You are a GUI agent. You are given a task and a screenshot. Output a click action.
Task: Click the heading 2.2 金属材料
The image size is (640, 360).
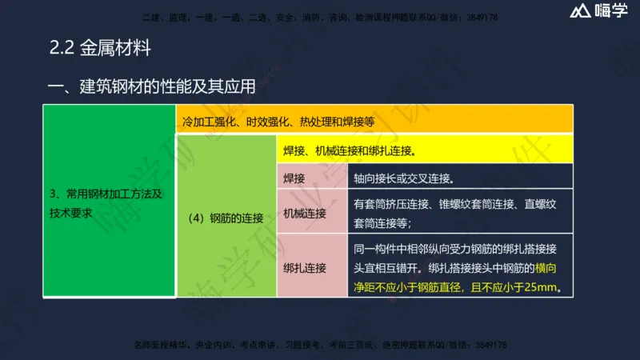100,48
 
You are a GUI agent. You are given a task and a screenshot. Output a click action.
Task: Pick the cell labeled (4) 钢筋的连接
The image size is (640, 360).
226,217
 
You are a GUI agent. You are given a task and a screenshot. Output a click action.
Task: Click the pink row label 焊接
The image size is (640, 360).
294,178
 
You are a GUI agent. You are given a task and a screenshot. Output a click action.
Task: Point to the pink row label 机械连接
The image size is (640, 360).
305,213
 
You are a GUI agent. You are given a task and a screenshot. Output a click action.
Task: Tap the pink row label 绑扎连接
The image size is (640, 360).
305,267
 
